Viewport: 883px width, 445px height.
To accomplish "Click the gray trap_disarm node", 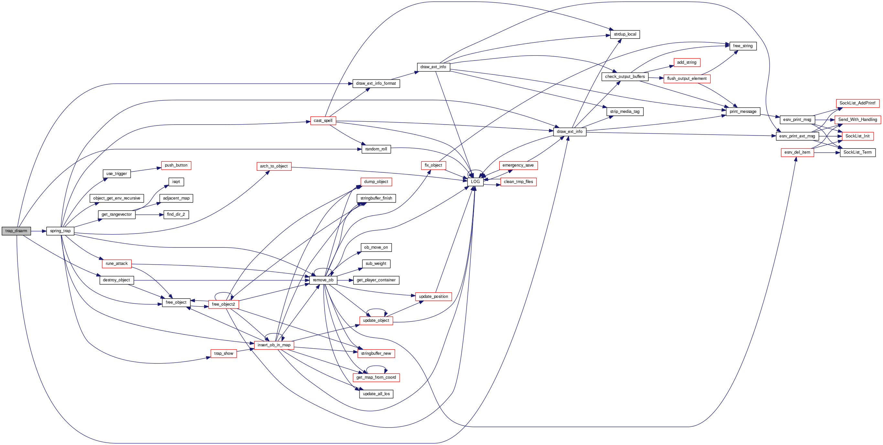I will pos(16,231).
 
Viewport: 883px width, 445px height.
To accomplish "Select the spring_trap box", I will pos(60,231).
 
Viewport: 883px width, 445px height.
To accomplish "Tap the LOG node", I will pos(475,182).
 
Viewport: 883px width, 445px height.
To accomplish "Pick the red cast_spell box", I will pos(323,121).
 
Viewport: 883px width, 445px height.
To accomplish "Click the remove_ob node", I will pos(323,280).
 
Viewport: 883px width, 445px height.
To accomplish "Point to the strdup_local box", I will pos(625,34).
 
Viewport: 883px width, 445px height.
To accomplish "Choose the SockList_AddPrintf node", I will pos(857,103).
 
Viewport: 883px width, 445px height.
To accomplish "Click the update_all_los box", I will pos(376,394).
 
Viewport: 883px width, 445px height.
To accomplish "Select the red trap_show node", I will pos(223,353).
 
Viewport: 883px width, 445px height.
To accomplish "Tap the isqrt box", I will pos(176,182).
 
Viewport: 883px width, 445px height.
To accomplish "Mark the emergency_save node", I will pos(518,165).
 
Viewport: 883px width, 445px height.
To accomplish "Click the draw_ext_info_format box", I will pos(376,83).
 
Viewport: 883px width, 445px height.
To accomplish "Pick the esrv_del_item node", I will pos(797,152).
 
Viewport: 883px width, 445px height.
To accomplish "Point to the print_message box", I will pos(743,112).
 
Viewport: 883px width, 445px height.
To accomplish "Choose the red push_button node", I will pos(176,165).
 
